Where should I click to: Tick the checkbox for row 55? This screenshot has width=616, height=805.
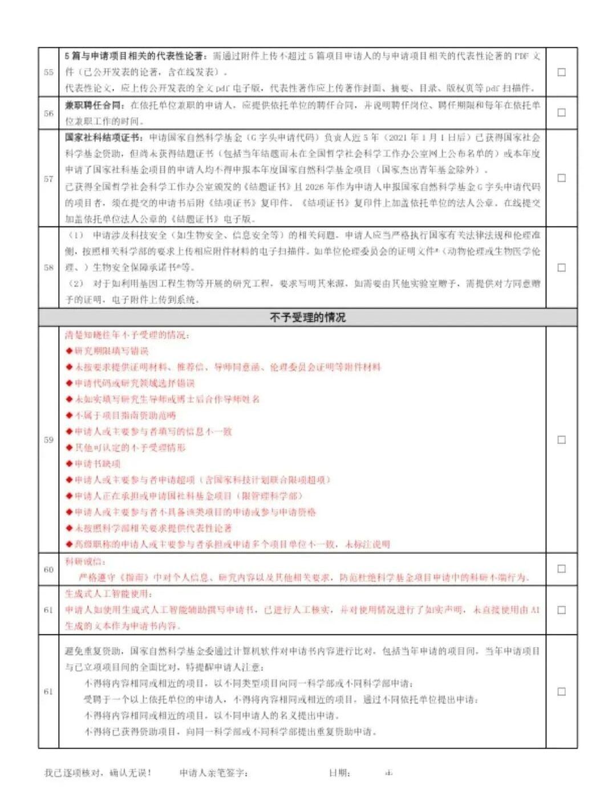pyautogui.click(x=561, y=72)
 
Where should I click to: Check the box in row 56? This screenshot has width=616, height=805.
pyautogui.click(x=561, y=112)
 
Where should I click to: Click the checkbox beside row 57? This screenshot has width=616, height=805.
pyautogui.click(x=561, y=178)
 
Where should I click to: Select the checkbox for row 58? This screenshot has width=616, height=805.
pyautogui.click(x=561, y=268)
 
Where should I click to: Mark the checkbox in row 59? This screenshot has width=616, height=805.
pyautogui.click(x=561, y=440)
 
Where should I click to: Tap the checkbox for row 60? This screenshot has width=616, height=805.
pyautogui.click(x=561, y=569)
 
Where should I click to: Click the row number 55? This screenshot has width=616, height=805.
pyautogui.click(x=48, y=72)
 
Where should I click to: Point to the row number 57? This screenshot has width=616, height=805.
pyautogui.click(x=48, y=179)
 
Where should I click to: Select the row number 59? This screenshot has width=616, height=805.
pyautogui.click(x=48, y=440)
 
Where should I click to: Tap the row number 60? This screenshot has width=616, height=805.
pyautogui.click(x=48, y=569)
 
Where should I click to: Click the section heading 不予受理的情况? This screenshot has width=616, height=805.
pyautogui.click(x=307, y=317)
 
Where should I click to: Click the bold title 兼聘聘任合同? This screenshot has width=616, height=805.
pyautogui.click(x=95, y=105)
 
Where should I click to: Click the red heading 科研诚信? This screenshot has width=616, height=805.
pyautogui.click(x=85, y=561)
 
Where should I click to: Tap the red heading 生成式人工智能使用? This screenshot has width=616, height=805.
pyautogui.click(x=108, y=593)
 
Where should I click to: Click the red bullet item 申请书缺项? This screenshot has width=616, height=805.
pyautogui.click(x=98, y=464)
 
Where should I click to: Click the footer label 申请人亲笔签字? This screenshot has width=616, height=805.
pyautogui.click(x=213, y=773)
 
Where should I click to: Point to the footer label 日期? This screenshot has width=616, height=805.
pyautogui.click(x=339, y=773)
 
